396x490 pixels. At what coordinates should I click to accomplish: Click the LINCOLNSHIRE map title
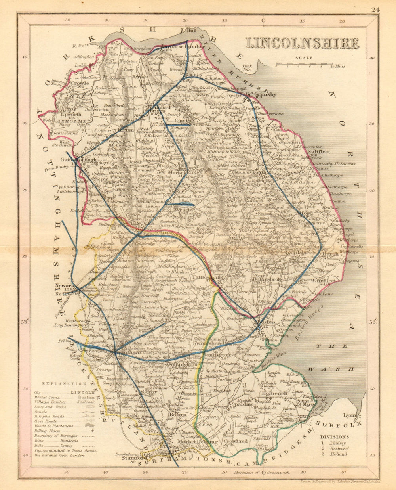point(303,43)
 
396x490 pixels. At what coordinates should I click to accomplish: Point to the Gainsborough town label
point(73,160)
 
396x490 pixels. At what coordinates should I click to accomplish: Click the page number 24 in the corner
point(375,10)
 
